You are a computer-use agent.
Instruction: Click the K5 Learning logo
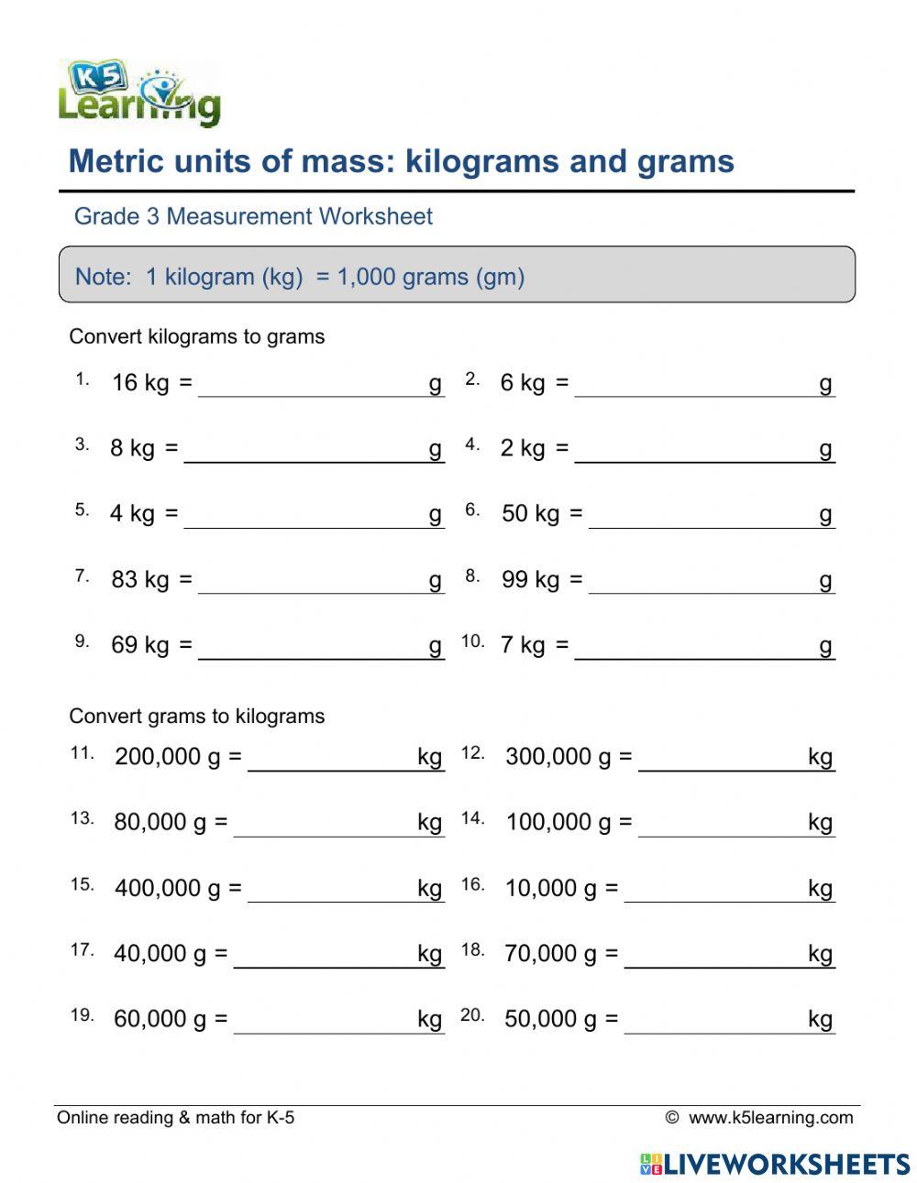point(139,93)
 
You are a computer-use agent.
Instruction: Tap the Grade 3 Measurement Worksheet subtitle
point(253,216)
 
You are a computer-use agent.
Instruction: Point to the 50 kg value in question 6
point(530,513)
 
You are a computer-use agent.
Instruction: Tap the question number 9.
point(83,641)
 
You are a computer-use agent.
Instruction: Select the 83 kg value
point(139,579)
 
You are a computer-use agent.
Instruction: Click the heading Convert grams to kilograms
point(197,716)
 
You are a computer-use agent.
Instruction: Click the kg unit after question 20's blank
point(820,1019)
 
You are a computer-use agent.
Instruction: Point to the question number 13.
point(83,818)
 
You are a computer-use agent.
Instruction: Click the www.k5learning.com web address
point(770,1117)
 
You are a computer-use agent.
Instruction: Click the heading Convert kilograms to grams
point(197,336)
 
